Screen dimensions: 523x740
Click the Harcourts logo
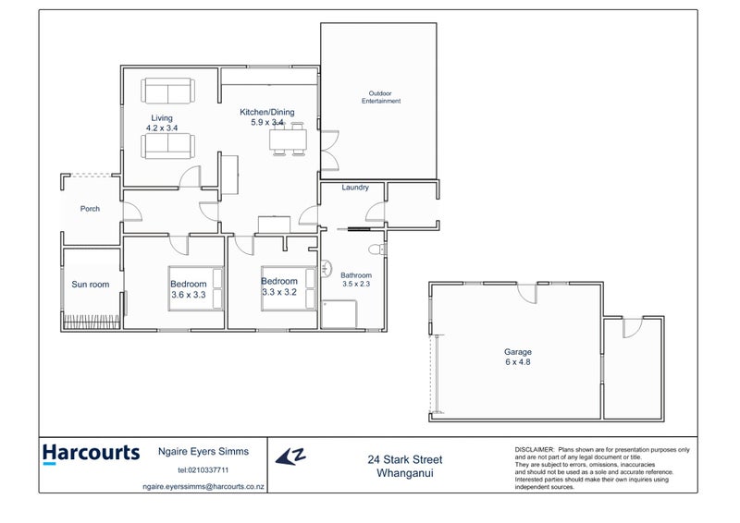(x=91, y=454)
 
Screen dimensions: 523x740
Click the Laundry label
(x=355, y=188)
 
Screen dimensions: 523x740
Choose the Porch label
(x=90, y=209)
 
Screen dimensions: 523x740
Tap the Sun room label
(x=91, y=285)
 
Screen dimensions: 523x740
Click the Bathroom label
(x=356, y=275)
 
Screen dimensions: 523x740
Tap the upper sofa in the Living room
(x=167, y=91)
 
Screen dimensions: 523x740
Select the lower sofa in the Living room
(x=167, y=146)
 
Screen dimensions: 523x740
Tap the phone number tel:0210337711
(x=203, y=470)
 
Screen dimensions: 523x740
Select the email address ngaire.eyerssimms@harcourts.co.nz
(x=203, y=484)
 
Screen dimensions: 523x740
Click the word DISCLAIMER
(x=535, y=448)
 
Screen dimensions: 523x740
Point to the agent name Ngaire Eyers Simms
(x=203, y=452)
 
